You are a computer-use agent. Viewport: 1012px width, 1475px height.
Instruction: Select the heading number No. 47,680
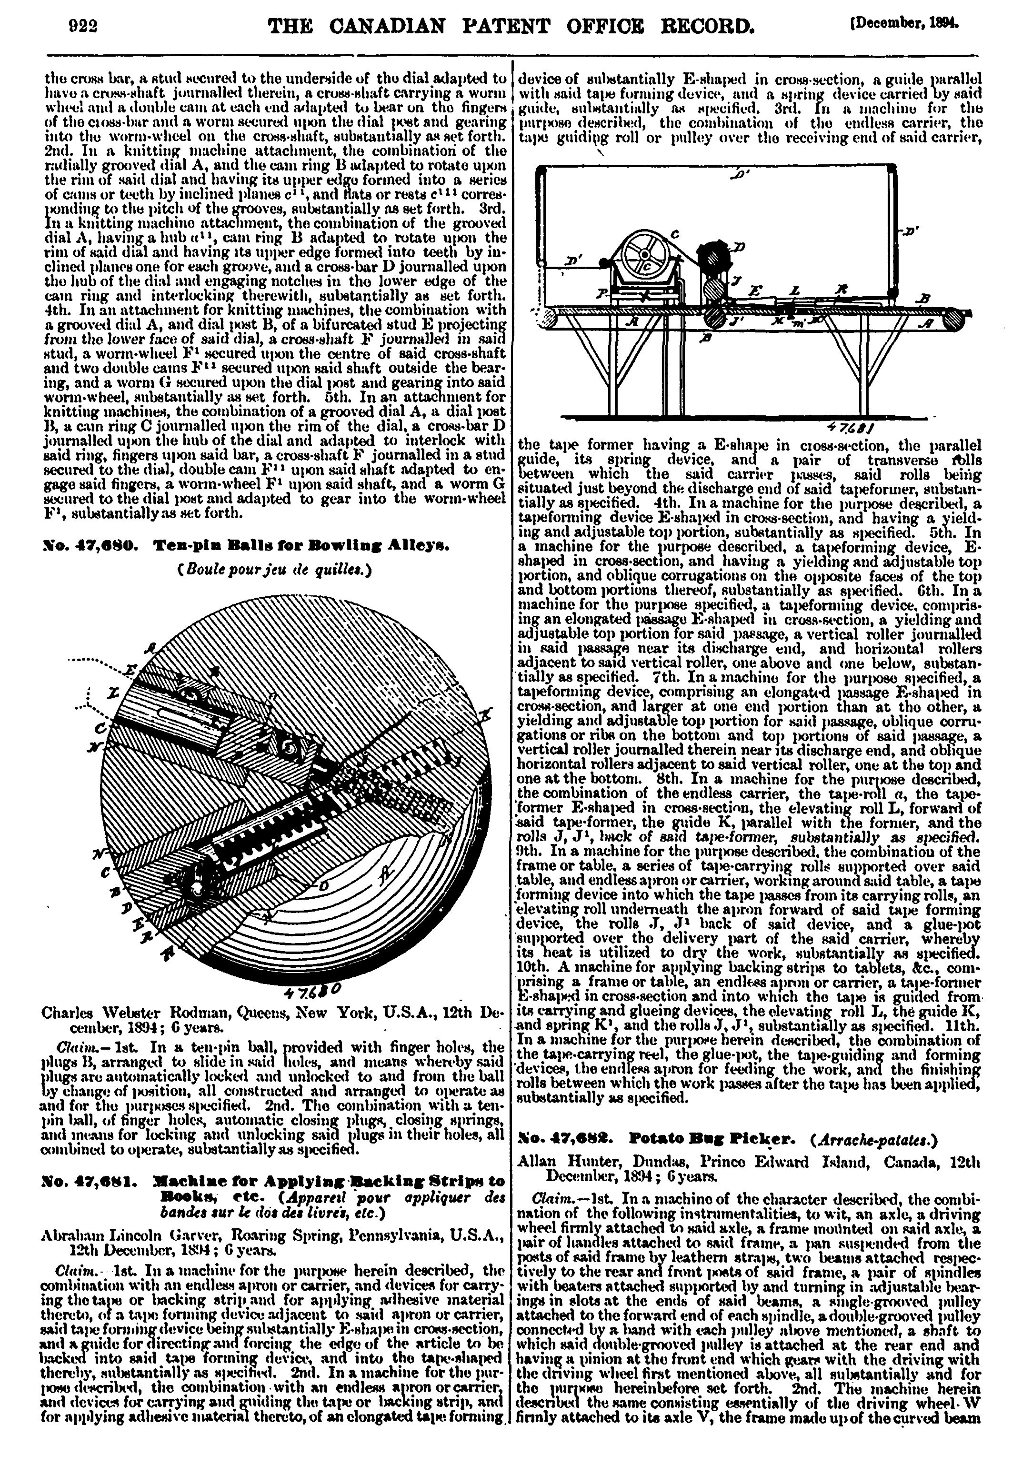86,545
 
